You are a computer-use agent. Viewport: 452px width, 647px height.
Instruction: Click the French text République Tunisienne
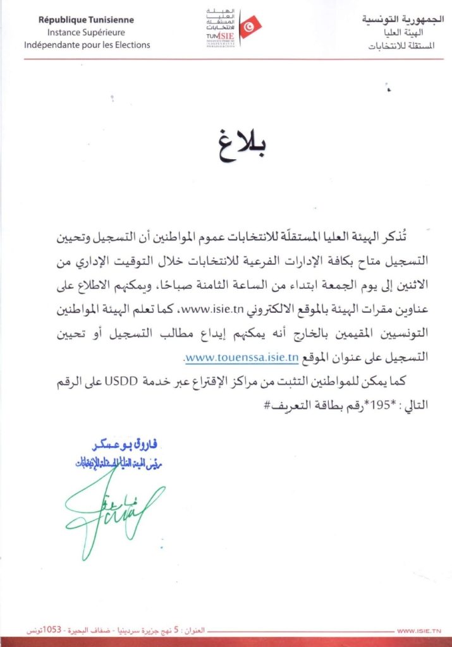pos(86,20)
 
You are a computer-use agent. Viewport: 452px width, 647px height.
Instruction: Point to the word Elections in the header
pos(131,45)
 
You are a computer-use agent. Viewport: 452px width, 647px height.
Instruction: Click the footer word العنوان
pos(197,631)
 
